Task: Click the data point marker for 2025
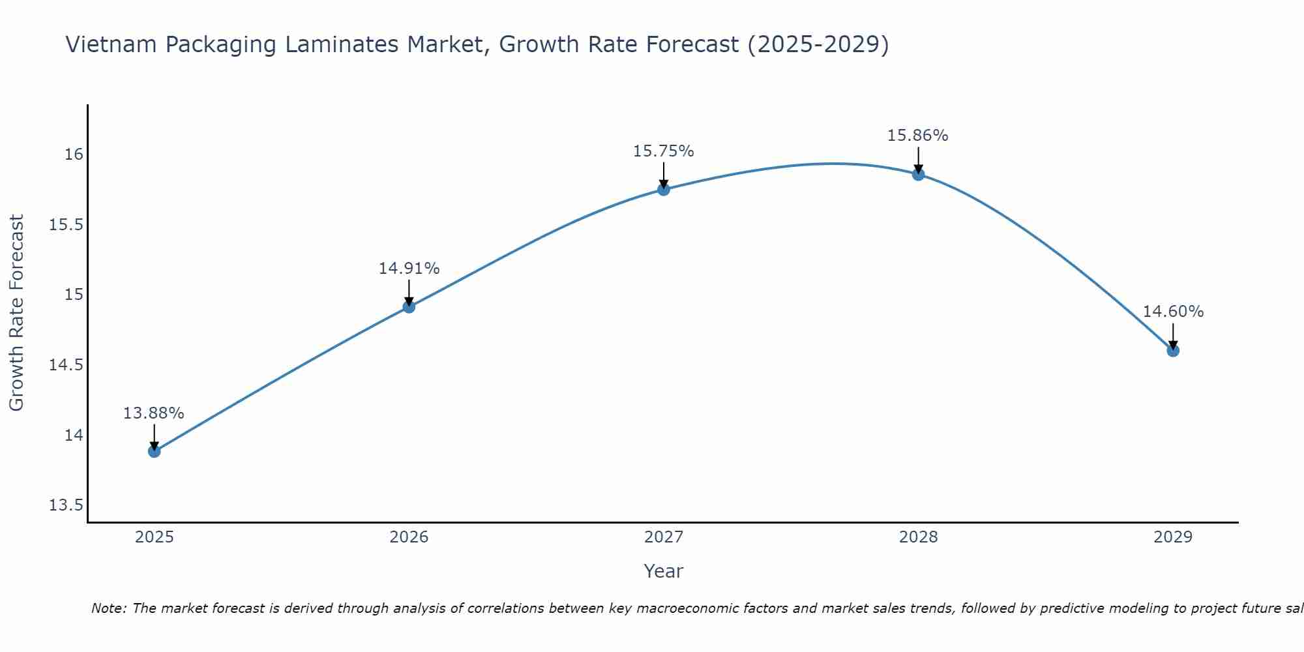[154, 451]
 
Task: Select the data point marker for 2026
[409, 306]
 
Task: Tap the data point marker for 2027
[664, 189]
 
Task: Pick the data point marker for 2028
[918, 174]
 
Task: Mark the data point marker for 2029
[1173, 350]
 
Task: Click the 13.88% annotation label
[154, 413]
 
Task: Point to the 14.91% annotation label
[409, 269]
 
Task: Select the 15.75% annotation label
[664, 151]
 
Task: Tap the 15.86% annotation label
[918, 136]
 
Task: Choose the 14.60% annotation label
[1173, 312]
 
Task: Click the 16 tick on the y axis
[74, 155]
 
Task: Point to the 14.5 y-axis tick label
[67, 365]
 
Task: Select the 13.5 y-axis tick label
[67, 505]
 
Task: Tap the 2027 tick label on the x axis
[664, 537]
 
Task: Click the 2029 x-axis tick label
[1173, 537]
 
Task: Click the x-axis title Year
[664, 571]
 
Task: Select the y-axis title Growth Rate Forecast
[16, 313]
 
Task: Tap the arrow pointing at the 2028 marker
[918, 160]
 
